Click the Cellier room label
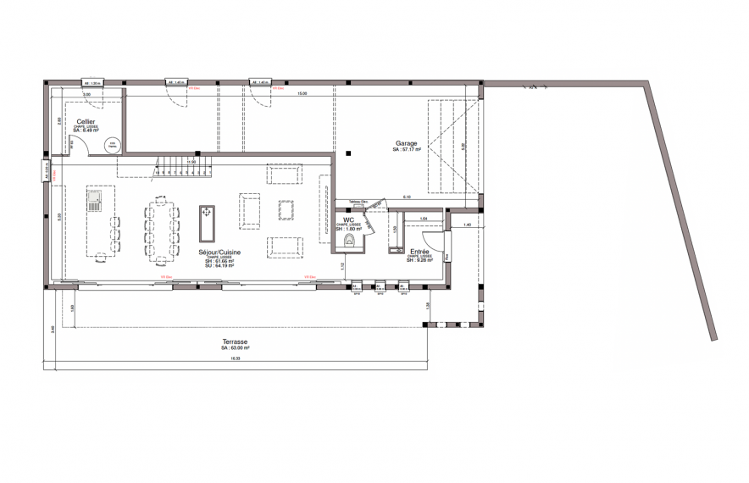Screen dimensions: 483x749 (86, 121)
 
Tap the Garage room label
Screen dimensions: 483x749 (407, 143)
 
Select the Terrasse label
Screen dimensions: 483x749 (236, 341)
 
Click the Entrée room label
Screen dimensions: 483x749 (419, 252)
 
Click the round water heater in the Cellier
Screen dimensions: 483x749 (113, 145)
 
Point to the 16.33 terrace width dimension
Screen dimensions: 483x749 (235, 358)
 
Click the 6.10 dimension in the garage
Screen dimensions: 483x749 (407, 197)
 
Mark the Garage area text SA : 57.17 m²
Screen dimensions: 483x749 (407, 150)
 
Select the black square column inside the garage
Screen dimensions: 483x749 (348, 153)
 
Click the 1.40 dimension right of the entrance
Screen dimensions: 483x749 (466, 225)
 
